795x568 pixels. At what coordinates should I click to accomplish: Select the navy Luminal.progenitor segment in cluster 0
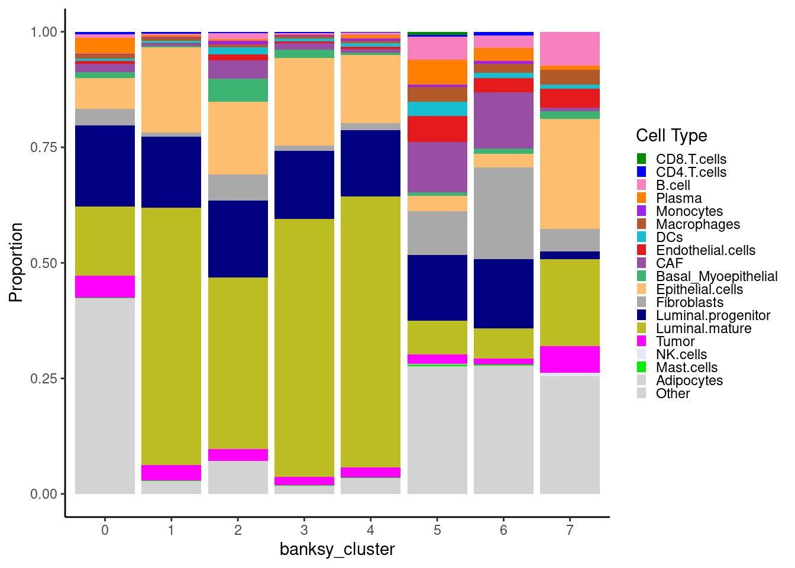click(x=105, y=166)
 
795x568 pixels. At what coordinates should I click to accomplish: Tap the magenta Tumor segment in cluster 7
click(x=570, y=359)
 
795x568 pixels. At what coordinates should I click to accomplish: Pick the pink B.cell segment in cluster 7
click(x=570, y=49)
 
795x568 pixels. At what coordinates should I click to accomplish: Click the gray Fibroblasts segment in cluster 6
click(x=503, y=213)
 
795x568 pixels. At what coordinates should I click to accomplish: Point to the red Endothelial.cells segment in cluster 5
click(x=437, y=129)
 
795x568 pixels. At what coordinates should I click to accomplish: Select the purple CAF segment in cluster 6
click(x=503, y=120)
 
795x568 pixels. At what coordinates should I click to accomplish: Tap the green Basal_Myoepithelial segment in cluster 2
click(x=238, y=90)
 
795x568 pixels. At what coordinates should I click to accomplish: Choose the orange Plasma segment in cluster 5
click(x=437, y=72)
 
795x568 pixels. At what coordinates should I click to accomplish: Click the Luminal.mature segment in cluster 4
click(x=370, y=331)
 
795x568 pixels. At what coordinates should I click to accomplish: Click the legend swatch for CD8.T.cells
click(x=642, y=159)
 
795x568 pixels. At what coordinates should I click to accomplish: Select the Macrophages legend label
click(x=697, y=224)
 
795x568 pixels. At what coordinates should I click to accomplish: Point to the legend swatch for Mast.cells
click(x=642, y=367)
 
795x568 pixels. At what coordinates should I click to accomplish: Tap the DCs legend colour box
click(x=642, y=237)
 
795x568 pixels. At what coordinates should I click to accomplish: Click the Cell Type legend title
click(x=671, y=135)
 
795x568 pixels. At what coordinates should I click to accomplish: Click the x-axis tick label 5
click(x=437, y=530)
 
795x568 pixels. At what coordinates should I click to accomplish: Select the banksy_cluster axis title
click(x=337, y=550)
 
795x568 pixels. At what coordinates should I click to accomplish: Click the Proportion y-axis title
click(x=16, y=262)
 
